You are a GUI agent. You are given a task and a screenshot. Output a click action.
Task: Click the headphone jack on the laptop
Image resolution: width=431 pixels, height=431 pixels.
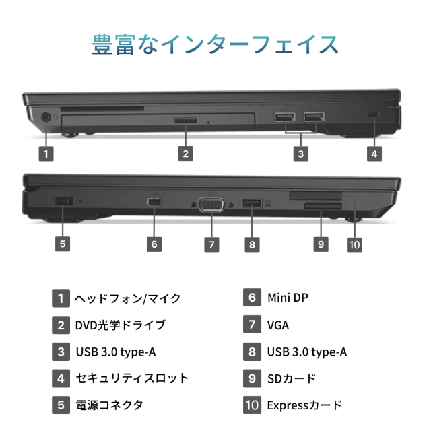click(x=46, y=117)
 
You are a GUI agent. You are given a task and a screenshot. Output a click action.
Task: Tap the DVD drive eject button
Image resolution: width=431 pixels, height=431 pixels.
click(x=186, y=120)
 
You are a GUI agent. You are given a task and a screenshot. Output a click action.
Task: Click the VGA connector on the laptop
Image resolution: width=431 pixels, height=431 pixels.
click(x=211, y=205)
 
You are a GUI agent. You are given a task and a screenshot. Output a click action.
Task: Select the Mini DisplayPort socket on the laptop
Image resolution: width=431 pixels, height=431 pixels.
click(x=154, y=202)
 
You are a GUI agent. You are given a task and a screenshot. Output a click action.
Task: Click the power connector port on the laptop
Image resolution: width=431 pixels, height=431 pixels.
click(x=64, y=201)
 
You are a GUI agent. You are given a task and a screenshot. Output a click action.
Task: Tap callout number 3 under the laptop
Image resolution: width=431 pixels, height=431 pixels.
click(x=301, y=154)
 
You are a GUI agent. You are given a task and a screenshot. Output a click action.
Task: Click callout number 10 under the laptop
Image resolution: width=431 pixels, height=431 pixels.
click(x=354, y=244)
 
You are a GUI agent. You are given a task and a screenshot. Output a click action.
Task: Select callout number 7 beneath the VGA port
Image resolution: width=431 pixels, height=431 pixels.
click(x=211, y=244)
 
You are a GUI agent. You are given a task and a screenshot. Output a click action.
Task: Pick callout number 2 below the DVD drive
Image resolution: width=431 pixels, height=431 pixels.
click(x=186, y=154)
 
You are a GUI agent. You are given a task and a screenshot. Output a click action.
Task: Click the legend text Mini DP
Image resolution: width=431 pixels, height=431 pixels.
click(x=288, y=298)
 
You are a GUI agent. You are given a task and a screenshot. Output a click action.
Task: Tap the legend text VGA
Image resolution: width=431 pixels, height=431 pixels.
click(x=278, y=325)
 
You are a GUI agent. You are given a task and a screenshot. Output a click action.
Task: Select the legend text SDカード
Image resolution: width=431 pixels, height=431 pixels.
click(x=292, y=378)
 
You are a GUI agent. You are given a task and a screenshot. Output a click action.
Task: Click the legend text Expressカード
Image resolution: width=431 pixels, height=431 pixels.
click(x=304, y=405)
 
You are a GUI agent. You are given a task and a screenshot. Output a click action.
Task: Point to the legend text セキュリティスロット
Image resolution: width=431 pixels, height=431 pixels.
click(x=132, y=378)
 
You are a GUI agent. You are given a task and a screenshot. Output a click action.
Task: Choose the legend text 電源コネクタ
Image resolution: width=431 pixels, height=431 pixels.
click(x=109, y=405)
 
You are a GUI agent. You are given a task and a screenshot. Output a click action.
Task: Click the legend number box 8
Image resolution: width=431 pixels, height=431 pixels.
click(x=252, y=352)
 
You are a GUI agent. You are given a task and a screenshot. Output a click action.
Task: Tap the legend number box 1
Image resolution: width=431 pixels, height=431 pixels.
click(x=61, y=298)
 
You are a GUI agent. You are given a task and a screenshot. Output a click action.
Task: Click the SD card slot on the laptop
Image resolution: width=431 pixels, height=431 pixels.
click(x=323, y=206)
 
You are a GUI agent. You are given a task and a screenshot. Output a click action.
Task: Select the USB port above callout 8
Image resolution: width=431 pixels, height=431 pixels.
click(x=252, y=203)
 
